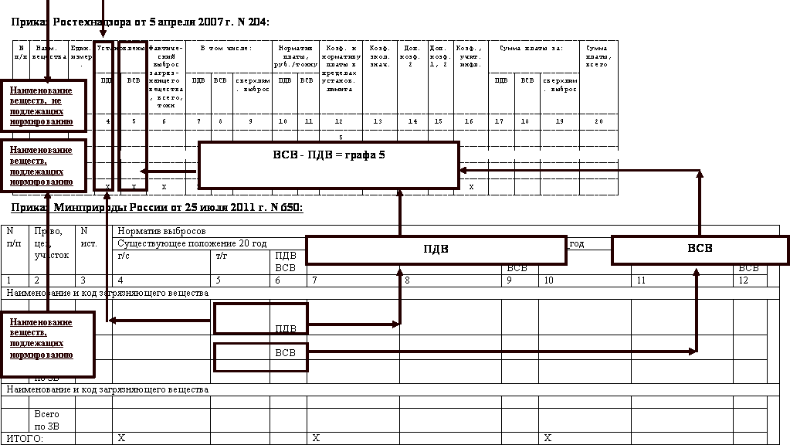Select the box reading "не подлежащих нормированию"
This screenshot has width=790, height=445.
click(x=43, y=106)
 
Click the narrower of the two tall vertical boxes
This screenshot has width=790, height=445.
click(x=103, y=116)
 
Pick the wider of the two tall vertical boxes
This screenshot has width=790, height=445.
click(x=133, y=116)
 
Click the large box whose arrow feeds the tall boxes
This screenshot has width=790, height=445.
click(x=328, y=165)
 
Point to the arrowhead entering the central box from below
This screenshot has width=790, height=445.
click(x=400, y=194)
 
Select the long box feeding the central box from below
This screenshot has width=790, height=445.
click(x=436, y=250)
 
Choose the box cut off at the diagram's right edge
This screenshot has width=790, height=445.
click(x=700, y=250)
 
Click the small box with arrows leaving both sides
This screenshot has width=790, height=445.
click(x=261, y=318)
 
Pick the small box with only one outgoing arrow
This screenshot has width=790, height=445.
click(x=261, y=357)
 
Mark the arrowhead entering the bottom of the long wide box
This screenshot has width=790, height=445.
click(x=400, y=273)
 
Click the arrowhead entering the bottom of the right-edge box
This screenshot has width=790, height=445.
click(x=697, y=272)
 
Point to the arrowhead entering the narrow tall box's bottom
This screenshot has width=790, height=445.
click(x=107, y=196)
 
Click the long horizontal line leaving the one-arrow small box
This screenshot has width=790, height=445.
click(x=502, y=352)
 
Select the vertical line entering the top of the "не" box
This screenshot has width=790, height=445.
click(x=48, y=39)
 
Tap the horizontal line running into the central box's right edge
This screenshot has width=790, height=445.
click(x=579, y=170)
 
